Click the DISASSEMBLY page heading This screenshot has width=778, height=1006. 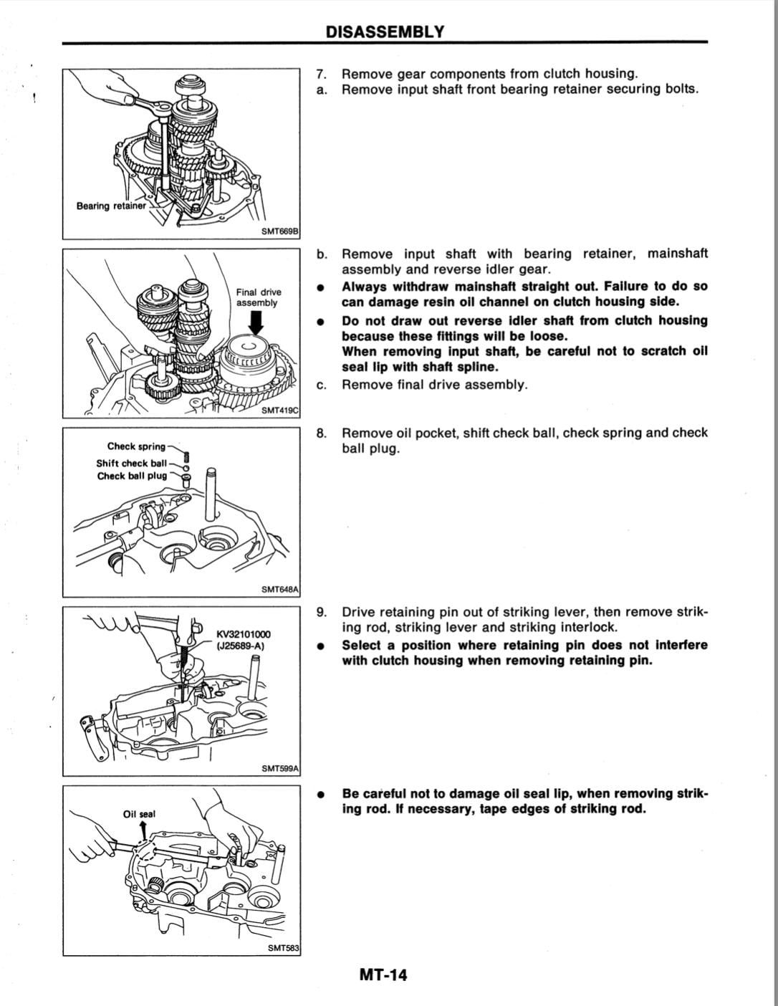[384, 32]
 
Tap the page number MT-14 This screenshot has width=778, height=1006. [383, 974]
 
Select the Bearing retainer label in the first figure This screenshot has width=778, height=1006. [110, 206]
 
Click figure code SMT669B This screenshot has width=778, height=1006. [280, 231]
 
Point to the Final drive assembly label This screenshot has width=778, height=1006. [259, 297]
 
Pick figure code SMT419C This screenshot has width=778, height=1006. [280, 410]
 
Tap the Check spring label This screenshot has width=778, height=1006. [136, 446]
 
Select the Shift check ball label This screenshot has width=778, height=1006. [131, 463]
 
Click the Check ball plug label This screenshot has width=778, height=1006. [132, 476]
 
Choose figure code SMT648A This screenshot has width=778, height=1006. [280, 589]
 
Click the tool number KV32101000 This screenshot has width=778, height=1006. [244, 634]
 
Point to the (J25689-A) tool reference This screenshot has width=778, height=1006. [241, 646]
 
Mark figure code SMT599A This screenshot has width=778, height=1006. [280, 768]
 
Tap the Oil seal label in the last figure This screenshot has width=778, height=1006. [139, 814]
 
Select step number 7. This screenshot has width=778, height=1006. [322, 74]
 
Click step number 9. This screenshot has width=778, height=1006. [322, 612]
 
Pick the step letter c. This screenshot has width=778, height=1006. [322, 385]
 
